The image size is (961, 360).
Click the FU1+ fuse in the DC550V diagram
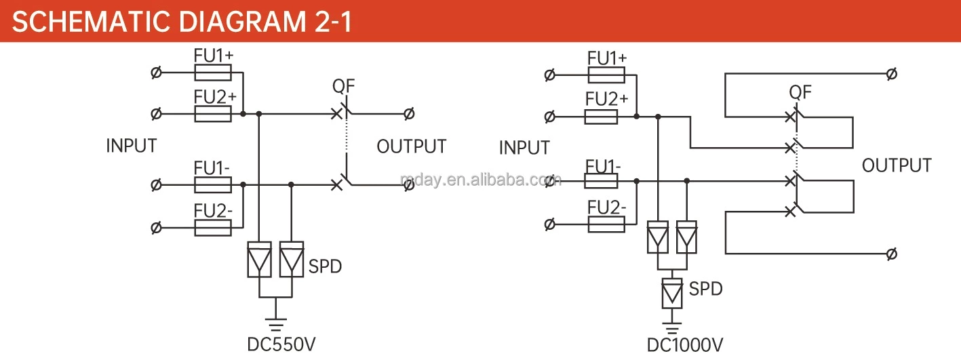coord(213,73)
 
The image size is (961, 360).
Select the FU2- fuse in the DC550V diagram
coord(213,227)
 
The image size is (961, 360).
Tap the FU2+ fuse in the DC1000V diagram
coord(601,117)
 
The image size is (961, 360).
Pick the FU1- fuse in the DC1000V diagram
coord(601,180)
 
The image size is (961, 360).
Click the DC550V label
coord(281,344)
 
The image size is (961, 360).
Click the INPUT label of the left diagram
coord(132,146)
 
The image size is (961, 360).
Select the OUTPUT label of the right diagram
coord(897,165)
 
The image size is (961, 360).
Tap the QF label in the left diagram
coord(343,86)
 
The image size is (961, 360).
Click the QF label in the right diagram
coord(800,92)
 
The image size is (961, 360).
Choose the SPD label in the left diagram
coord(326,266)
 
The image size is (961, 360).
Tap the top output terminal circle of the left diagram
coord(408,114)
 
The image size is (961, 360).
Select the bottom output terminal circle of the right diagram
coord(892,254)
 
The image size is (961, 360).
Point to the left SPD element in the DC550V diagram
coord(259,260)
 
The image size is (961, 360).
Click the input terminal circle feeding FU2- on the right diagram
coord(550,223)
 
